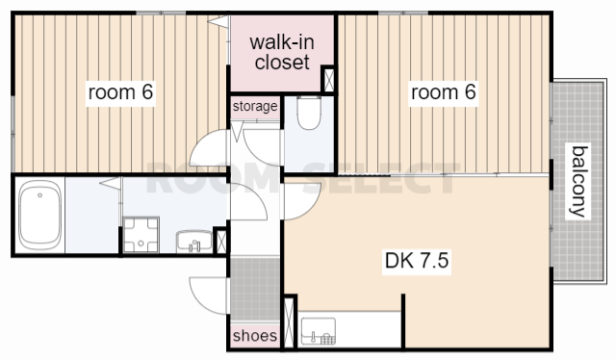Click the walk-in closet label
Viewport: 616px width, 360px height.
[282, 52]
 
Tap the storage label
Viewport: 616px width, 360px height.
[255, 106]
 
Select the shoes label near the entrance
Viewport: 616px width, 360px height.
[254, 336]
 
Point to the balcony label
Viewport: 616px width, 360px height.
[579, 181]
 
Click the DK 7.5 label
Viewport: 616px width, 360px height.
[417, 260]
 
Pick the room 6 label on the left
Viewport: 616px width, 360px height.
[120, 92]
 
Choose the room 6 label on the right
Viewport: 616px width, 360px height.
[443, 92]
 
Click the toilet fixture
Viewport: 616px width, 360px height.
[309, 113]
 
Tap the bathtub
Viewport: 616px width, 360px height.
[39, 215]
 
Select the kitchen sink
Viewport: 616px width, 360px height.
[319, 331]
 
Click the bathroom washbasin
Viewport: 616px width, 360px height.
[194, 241]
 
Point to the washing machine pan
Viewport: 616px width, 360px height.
[141, 235]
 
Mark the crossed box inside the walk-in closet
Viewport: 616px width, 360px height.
[328, 79]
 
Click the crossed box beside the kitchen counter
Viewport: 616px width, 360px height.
[289, 322]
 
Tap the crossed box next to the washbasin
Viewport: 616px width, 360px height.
[221, 241]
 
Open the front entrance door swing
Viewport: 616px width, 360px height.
[208, 296]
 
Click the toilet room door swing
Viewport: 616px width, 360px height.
[263, 146]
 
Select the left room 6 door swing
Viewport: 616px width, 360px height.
[209, 148]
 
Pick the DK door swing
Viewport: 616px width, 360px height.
[301, 201]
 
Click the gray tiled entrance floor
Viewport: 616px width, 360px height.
[255, 290]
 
